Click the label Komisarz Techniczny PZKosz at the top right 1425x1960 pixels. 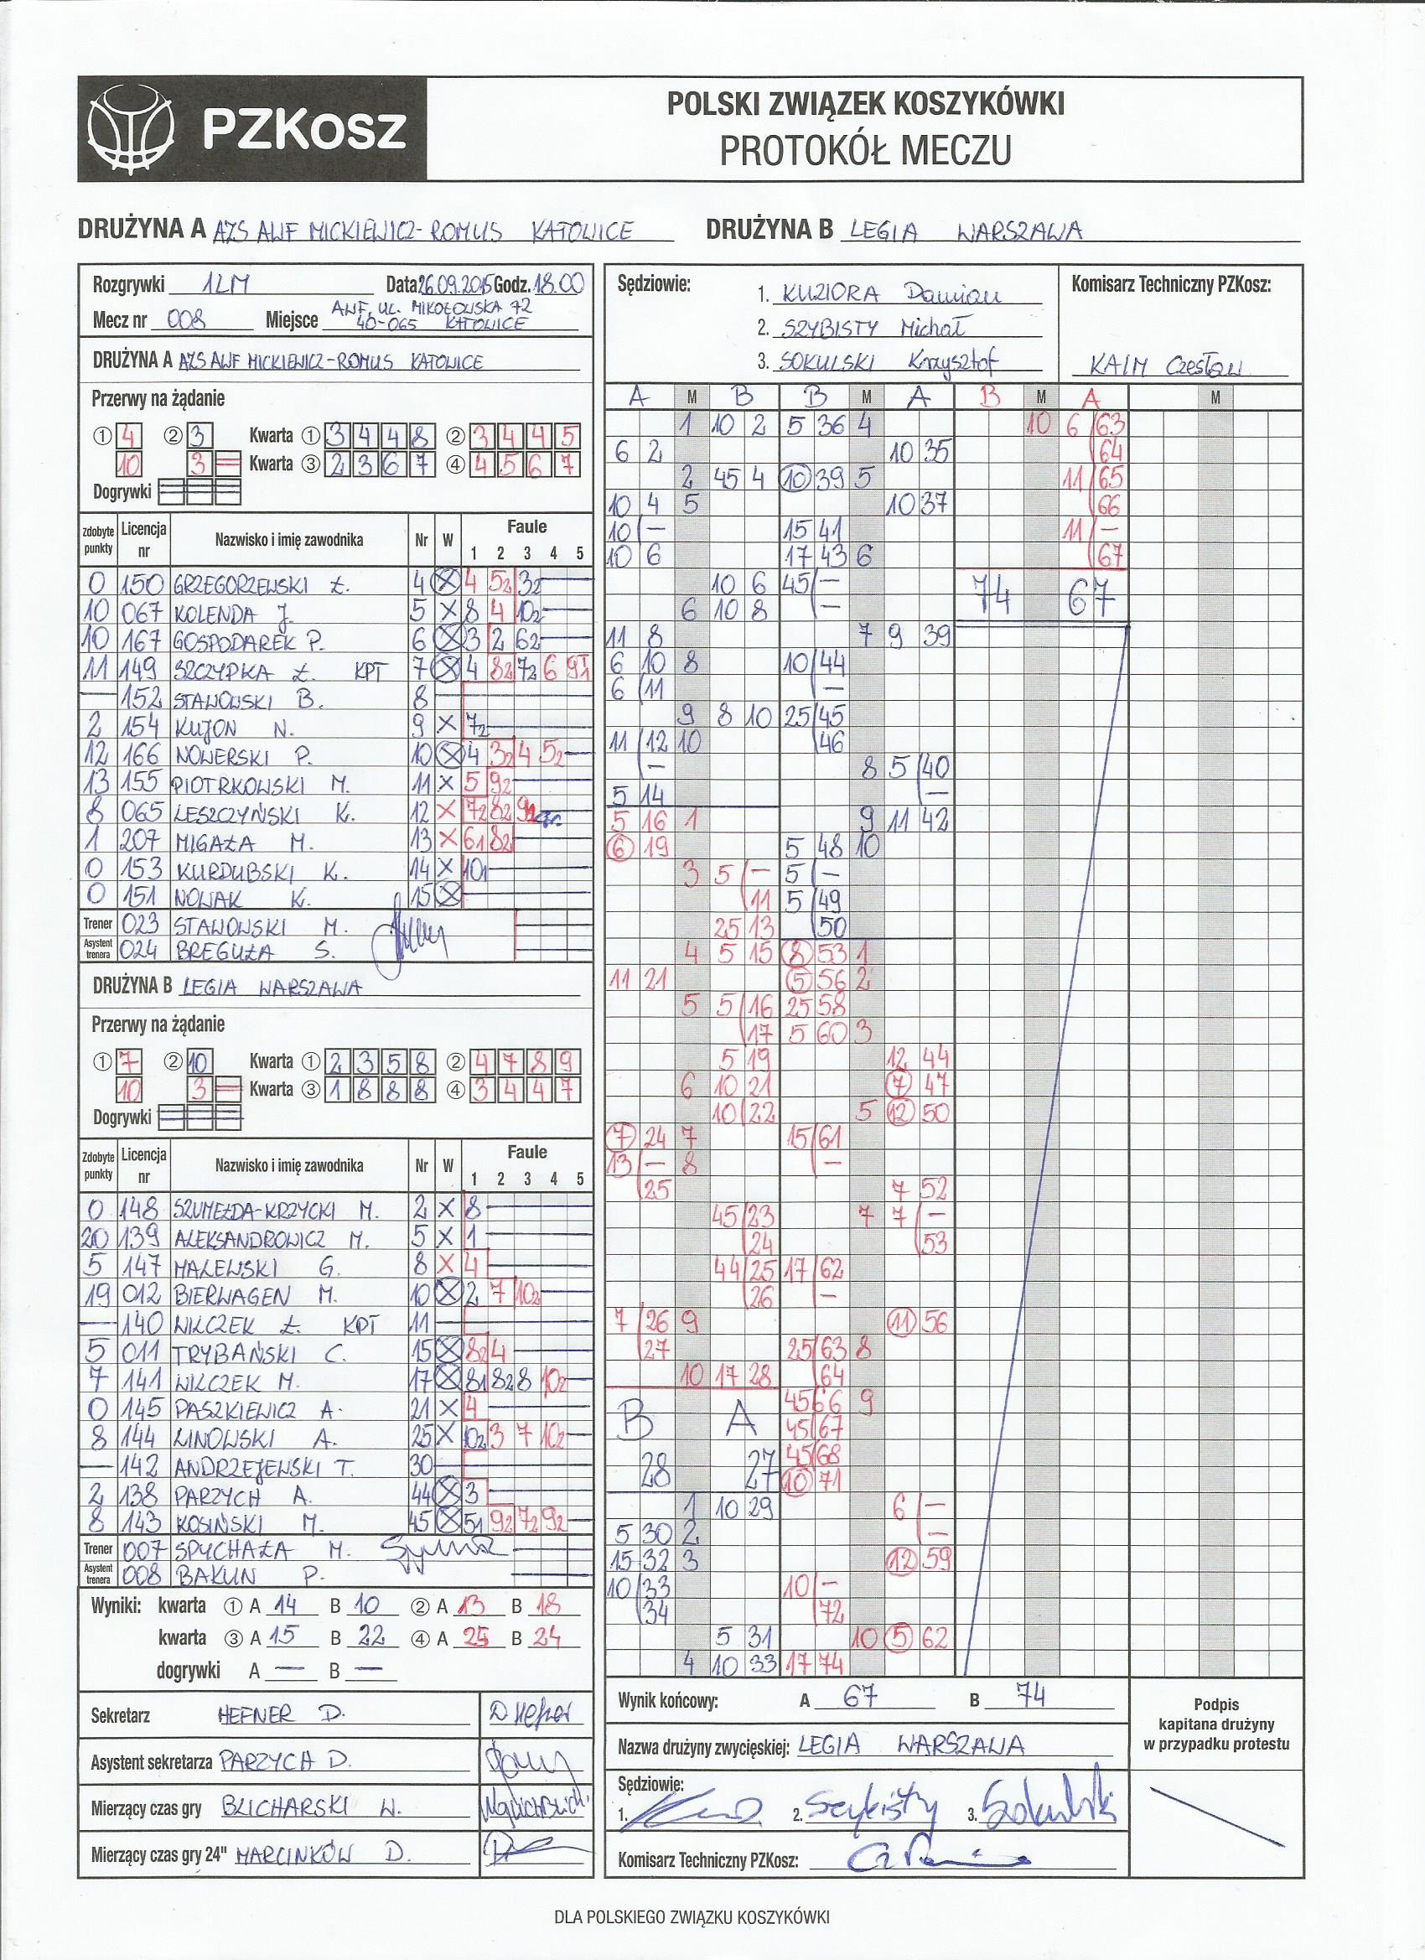pos(1171,283)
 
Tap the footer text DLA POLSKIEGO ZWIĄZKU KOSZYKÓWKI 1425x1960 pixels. pos(692,1935)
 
